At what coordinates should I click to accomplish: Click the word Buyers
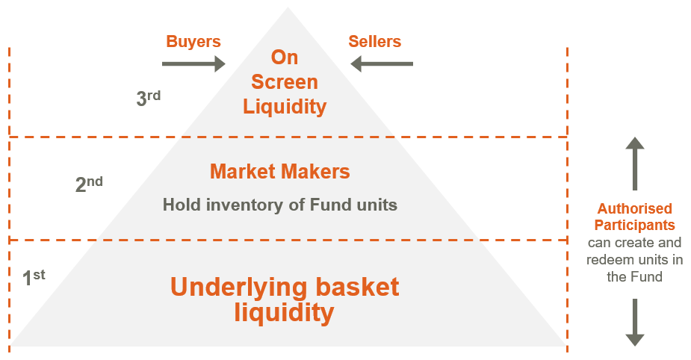coord(193,42)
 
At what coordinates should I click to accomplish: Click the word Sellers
coord(374,42)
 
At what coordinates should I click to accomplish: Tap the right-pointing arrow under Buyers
coord(193,64)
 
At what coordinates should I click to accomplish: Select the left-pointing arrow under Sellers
coord(382,64)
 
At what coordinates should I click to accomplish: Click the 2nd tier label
coord(89,184)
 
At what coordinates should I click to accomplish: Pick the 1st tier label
coord(34,278)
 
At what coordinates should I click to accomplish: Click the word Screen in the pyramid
coord(285,81)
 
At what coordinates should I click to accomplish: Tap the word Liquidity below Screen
coord(285,106)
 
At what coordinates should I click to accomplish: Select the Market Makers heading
coord(280,171)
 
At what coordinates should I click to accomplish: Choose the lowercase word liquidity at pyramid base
coord(283,313)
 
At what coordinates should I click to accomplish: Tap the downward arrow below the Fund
coord(635,322)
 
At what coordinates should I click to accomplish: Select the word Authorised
coord(634,209)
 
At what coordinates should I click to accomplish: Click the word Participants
coord(636,225)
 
